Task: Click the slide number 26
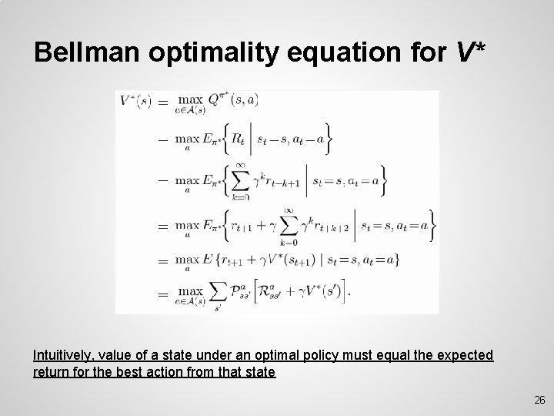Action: point(539,400)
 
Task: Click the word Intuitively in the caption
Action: point(63,355)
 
